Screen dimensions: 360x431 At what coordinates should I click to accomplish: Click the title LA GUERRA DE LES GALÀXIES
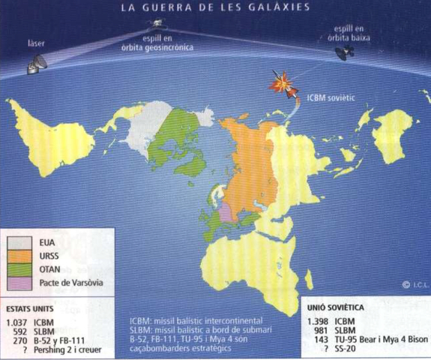[215, 8]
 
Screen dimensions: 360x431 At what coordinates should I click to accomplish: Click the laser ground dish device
[35, 66]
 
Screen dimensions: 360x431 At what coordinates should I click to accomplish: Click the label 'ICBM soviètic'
[331, 97]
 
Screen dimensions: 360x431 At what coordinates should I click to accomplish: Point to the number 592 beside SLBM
[20, 331]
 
